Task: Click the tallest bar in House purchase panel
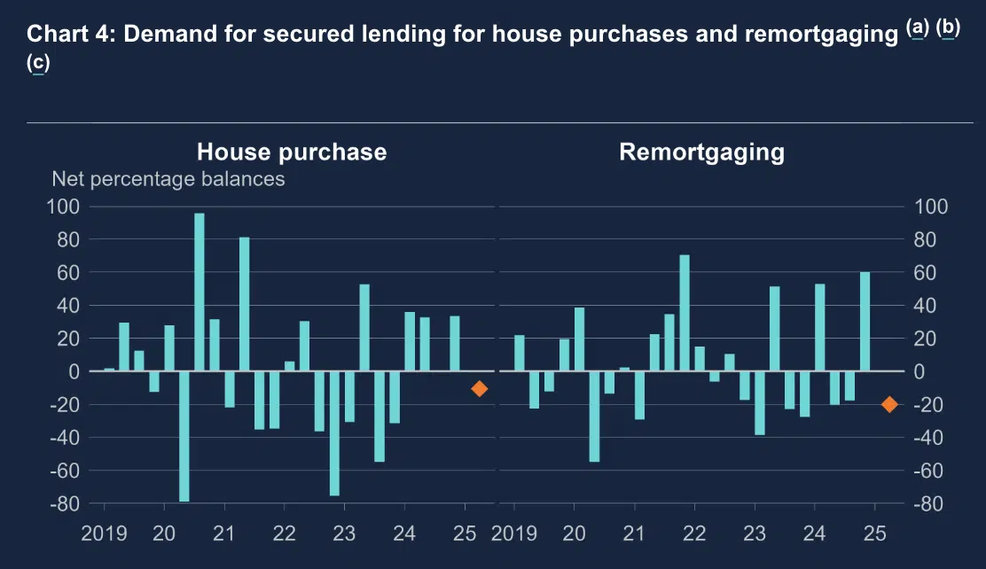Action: point(200,292)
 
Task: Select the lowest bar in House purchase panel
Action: point(184,436)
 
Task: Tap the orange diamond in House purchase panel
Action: point(480,388)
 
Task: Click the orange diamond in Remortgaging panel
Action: point(889,404)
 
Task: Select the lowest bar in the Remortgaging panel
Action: point(594,416)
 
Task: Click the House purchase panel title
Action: point(292,152)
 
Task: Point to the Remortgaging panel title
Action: point(701,152)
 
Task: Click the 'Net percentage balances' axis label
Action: point(168,179)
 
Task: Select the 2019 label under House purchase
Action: point(105,534)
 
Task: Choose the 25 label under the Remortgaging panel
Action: point(875,534)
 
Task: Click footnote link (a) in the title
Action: point(918,28)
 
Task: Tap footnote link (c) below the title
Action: point(38,63)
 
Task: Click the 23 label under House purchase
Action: point(344,534)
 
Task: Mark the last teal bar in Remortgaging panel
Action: point(865,321)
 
